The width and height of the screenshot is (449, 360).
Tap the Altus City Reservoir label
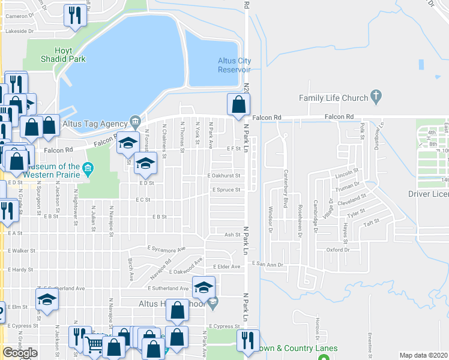[x=234, y=65]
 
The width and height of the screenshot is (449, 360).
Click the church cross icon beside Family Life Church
[x=376, y=95]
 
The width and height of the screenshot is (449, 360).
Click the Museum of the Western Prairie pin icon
[x=89, y=167]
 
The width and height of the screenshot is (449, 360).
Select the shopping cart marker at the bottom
[x=94, y=344]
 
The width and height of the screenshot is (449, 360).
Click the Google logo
[x=20, y=353]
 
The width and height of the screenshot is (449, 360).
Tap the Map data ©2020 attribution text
[x=423, y=355]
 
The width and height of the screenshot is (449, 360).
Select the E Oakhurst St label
[x=223, y=176]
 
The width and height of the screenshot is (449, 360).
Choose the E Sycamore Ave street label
[x=167, y=248]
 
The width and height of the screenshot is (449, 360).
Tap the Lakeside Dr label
[x=19, y=31]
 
